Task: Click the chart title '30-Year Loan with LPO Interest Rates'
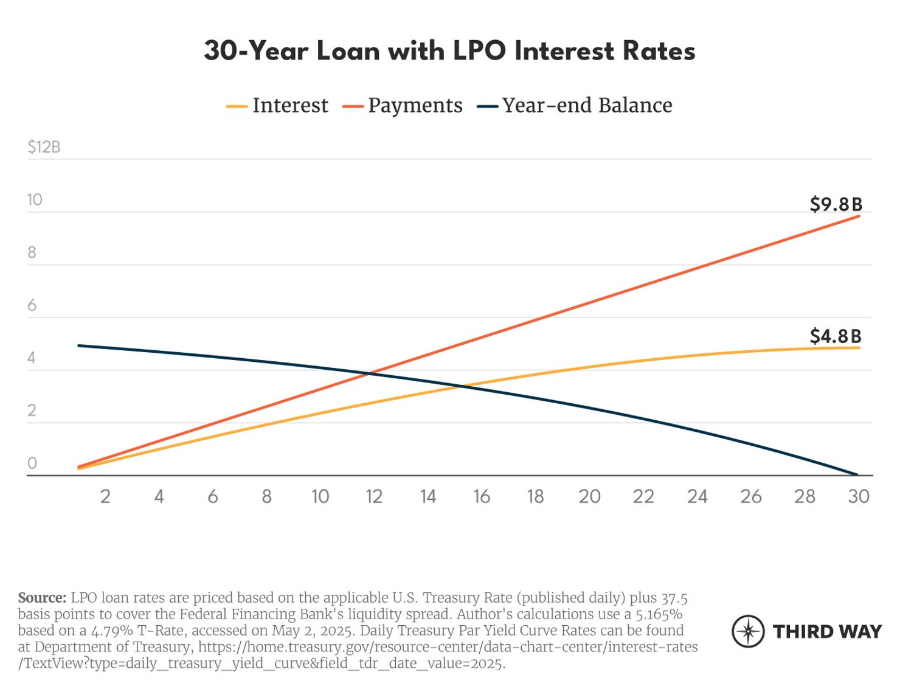point(449,51)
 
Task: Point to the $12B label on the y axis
point(44,147)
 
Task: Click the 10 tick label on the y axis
point(35,200)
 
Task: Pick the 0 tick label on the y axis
point(32,463)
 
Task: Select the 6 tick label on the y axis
point(32,305)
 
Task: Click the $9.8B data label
point(836,204)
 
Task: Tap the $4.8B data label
point(836,336)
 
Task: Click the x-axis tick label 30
point(858,497)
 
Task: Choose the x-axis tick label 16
point(482,497)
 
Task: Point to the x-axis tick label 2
point(105,497)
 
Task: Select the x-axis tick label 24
point(697,497)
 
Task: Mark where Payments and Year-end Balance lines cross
point(369,373)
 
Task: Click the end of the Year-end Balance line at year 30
point(857,474)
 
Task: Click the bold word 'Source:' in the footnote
point(42,598)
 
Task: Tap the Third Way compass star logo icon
point(748,631)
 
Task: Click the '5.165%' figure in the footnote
point(659,614)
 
